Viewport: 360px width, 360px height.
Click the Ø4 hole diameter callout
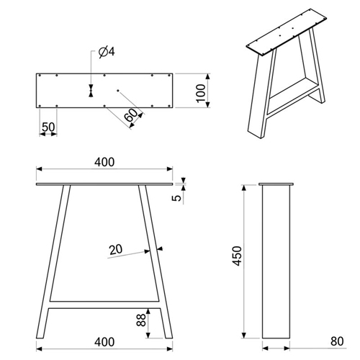[107, 52]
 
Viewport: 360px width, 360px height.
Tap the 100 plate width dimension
[201, 93]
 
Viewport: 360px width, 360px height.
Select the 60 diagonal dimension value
[131, 115]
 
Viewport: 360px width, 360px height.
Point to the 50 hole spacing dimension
[48, 127]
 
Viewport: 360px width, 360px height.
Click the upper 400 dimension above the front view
[104, 162]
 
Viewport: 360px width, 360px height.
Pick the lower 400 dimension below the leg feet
[104, 342]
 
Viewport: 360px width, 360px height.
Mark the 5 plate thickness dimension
[177, 198]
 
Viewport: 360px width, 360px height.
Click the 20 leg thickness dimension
[116, 250]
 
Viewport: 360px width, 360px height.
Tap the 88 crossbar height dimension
[141, 320]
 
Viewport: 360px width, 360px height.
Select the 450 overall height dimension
[238, 256]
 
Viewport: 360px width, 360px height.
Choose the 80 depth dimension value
[337, 341]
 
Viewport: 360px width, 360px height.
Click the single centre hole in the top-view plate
[118, 90]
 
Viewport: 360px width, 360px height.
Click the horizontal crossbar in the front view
[104, 305]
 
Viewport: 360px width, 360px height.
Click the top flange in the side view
[276, 184]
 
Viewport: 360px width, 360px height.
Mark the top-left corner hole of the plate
[40, 76]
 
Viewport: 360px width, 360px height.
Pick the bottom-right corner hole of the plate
[169, 106]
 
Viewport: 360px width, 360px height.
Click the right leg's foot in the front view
[168, 336]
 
